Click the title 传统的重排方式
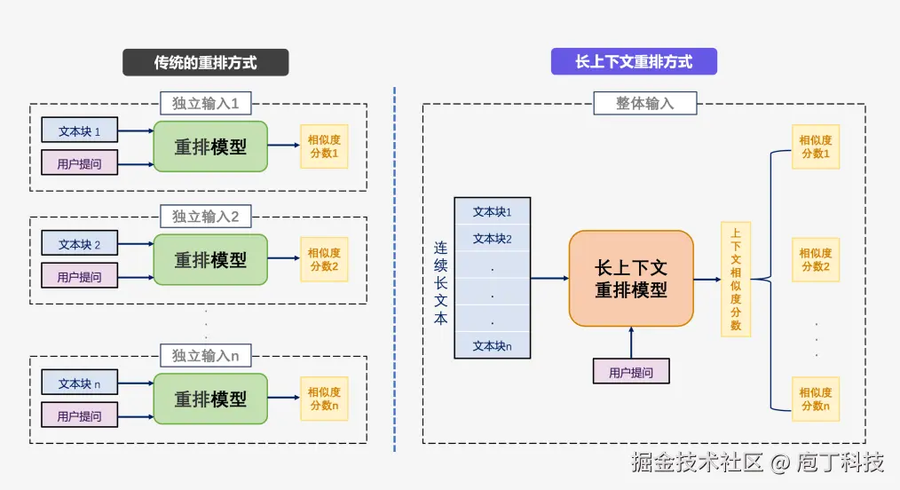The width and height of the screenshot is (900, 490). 205,62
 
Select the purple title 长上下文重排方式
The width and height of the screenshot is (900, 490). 634,61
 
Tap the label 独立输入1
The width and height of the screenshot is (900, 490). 205,103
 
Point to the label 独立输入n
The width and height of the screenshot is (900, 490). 205,356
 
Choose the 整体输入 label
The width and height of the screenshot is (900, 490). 644,103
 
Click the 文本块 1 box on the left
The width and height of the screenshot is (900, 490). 79,131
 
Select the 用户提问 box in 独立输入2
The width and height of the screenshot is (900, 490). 79,276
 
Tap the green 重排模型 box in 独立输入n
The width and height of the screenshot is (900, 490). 210,399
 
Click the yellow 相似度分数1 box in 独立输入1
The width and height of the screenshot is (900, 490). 324,146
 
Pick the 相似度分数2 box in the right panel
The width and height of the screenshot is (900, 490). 815,260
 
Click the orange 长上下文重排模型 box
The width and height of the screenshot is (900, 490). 630,278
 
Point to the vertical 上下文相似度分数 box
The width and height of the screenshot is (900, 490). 736,279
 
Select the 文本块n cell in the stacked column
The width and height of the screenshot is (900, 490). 492,345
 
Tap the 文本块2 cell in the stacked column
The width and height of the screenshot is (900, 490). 492,238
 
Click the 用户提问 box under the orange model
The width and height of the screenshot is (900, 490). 630,372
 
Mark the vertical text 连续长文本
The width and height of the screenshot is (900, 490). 440,283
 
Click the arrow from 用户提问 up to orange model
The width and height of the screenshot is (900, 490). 631,342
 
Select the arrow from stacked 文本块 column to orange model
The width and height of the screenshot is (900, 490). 549,278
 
